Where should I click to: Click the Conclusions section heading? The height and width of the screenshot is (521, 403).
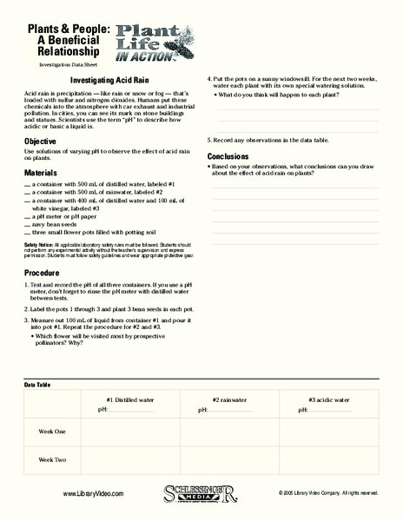pyautogui.click(x=229, y=156)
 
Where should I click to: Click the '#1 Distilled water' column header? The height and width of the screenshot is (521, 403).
pyautogui.click(x=129, y=399)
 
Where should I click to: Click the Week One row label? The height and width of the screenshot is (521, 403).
pyautogui.click(x=52, y=432)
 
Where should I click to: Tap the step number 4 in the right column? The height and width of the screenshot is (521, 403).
pyautogui.click(x=210, y=79)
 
